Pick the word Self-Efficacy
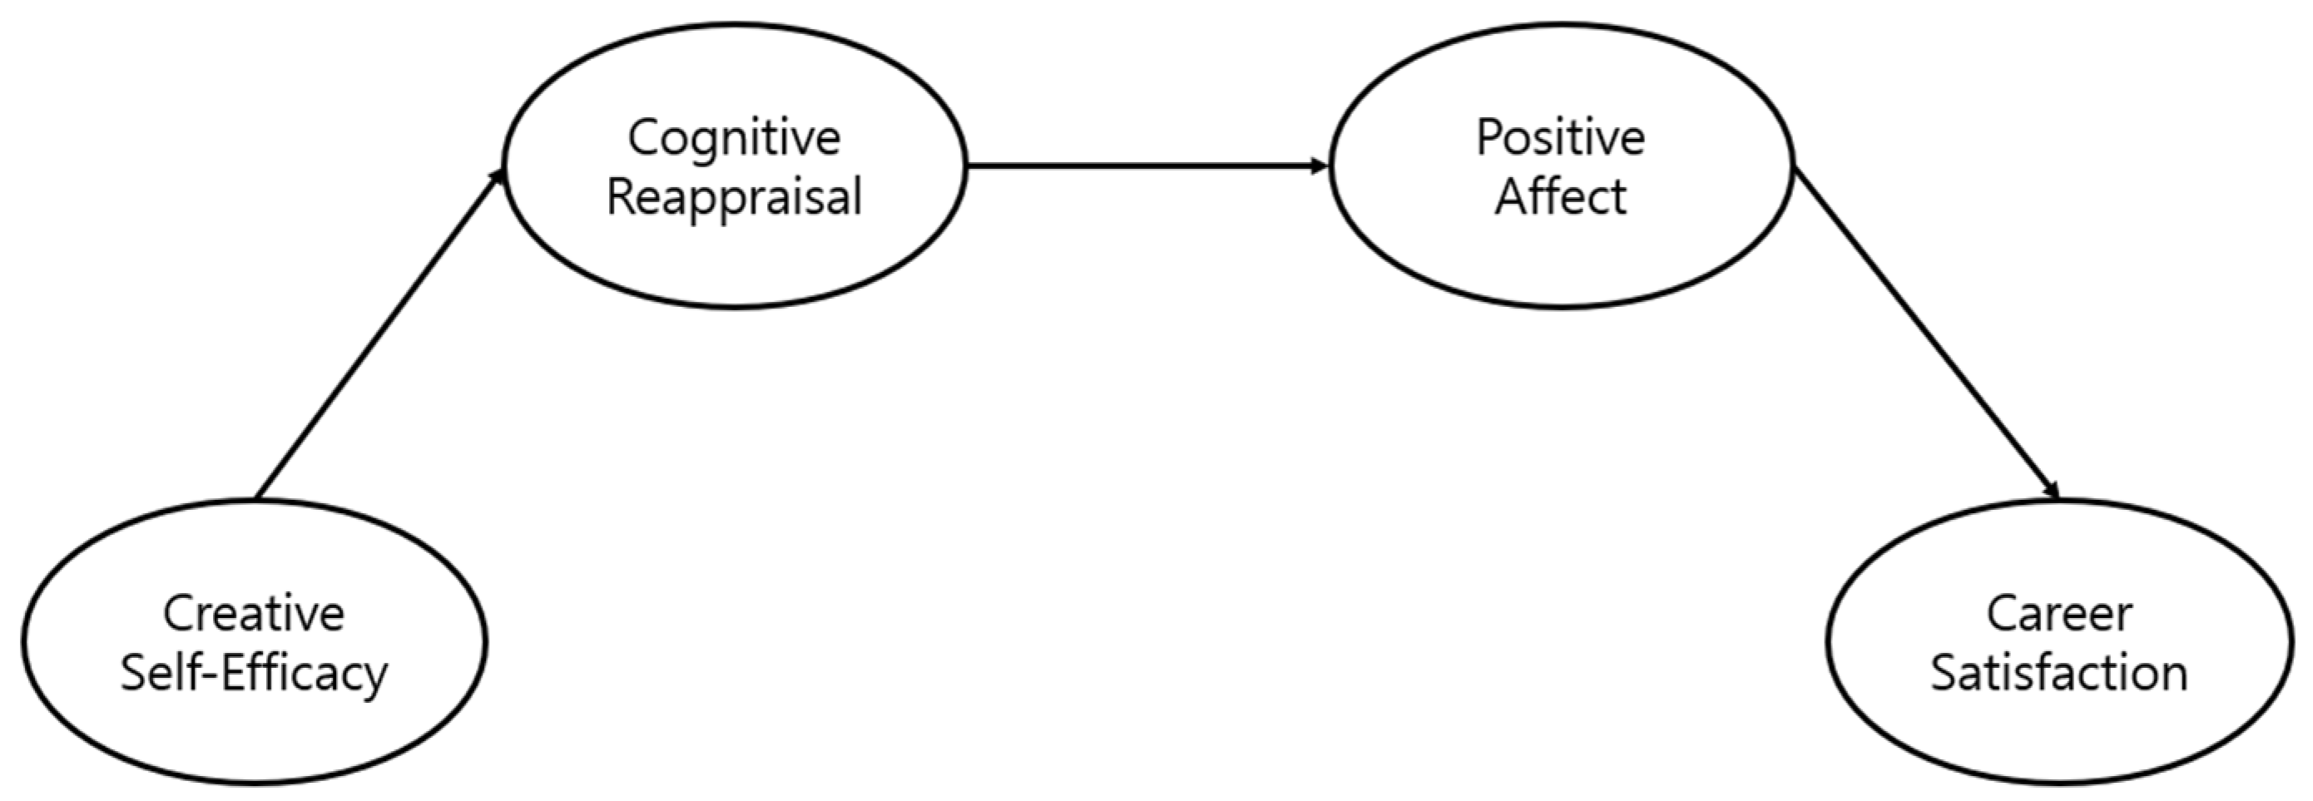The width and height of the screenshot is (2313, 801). [254, 674]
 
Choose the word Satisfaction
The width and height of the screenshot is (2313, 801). [2059, 674]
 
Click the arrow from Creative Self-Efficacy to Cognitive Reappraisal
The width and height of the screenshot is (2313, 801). [377, 334]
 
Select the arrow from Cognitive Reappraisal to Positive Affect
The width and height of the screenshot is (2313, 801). [1145, 166]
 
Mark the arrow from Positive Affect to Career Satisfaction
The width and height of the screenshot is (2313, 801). [1926, 334]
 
